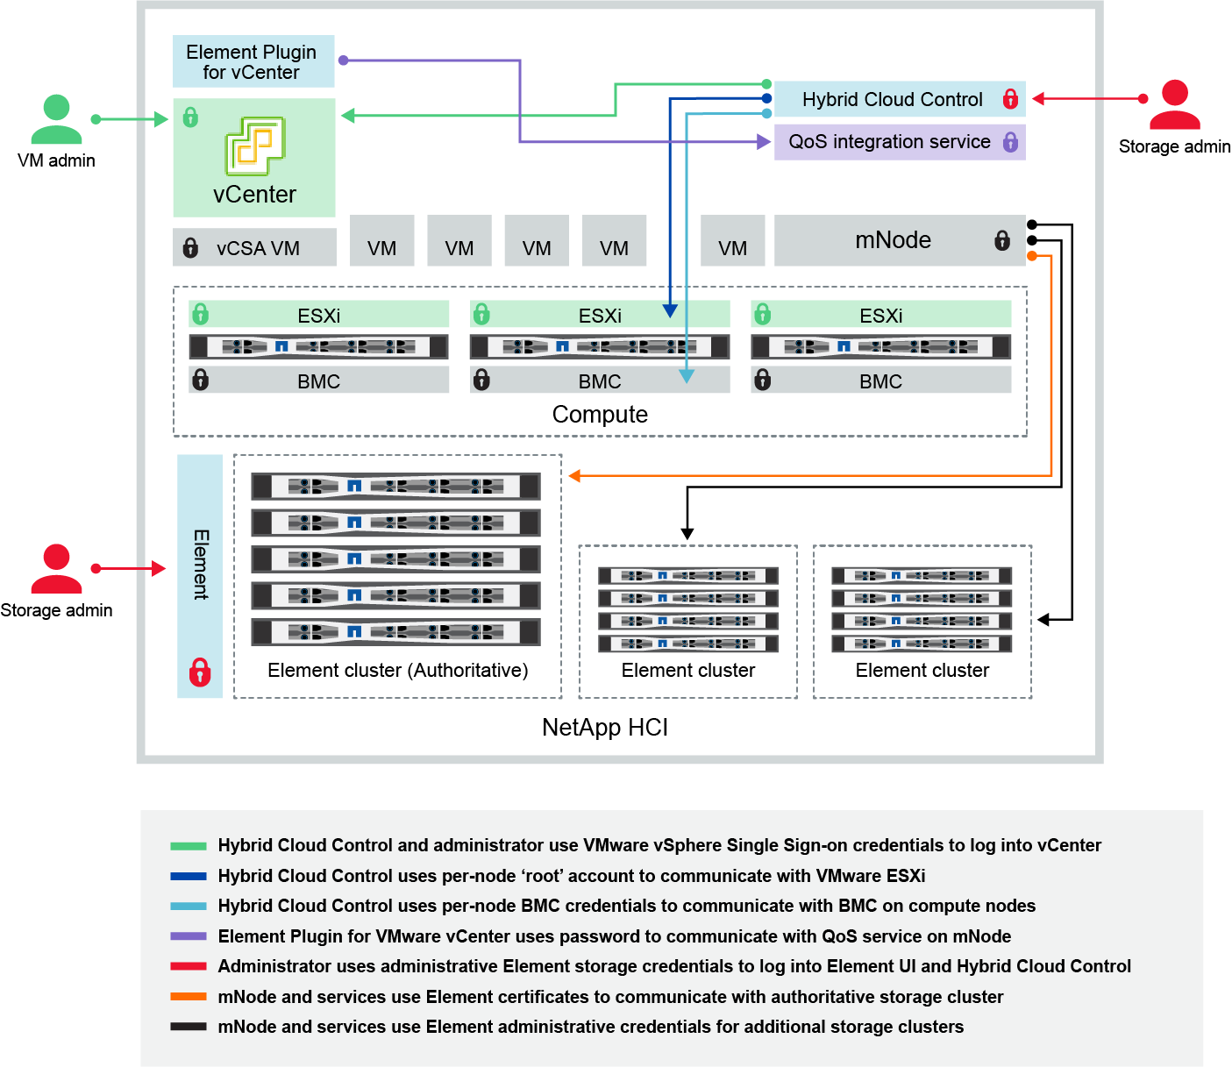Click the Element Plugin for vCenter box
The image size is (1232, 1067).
pos(253,61)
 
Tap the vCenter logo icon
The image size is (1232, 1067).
pos(255,146)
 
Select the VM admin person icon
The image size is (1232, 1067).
pos(56,120)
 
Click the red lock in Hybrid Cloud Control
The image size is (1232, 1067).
pos(1010,99)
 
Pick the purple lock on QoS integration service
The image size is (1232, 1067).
pos(1010,141)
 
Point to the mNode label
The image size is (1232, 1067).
pos(893,240)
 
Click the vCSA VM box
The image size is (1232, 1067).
pos(254,248)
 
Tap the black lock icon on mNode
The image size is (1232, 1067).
pos(1002,240)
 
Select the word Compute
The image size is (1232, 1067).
pos(600,415)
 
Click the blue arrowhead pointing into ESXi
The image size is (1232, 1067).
pos(670,310)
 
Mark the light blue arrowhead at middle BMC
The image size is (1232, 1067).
pos(687,376)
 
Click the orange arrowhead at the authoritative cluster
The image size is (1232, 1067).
pos(575,476)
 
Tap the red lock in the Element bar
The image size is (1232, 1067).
pos(200,672)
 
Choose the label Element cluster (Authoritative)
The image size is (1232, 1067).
pos(397,671)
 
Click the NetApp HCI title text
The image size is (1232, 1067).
pos(605,728)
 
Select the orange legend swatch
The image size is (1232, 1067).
pos(189,997)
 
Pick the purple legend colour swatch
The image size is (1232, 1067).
pos(189,936)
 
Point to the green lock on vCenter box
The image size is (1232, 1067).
pos(190,117)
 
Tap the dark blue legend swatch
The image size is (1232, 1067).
pos(189,876)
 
